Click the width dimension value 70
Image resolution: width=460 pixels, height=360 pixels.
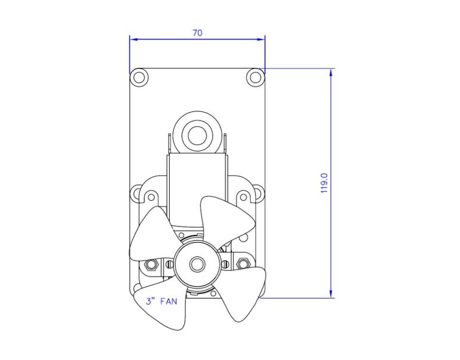click(x=197, y=33)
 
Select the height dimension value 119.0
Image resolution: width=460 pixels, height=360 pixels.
click(x=324, y=183)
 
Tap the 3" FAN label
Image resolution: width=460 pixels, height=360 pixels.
click(x=161, y=301)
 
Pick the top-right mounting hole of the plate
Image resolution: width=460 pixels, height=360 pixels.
click(x=255, y=76)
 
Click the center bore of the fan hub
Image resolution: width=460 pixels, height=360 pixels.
click(x=196, y=263)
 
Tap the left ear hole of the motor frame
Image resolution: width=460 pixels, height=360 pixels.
click(x=138, y=194)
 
